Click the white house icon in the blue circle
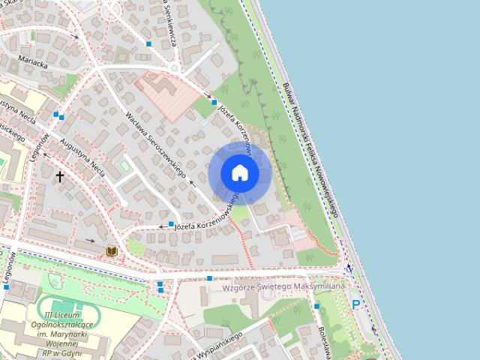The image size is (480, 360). click(x=240, y=172)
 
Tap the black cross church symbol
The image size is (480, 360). click(x=60, y=177)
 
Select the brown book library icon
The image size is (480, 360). click(x=112, y=250)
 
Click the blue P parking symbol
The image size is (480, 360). click(x=356, y=304)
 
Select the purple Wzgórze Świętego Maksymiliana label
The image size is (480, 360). click(x=283, y=286)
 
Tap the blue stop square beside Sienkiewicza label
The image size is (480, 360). click(x=149, y=45)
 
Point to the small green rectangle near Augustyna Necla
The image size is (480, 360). click(x=124, y=165)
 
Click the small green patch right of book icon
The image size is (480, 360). click(x=135, y=246)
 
